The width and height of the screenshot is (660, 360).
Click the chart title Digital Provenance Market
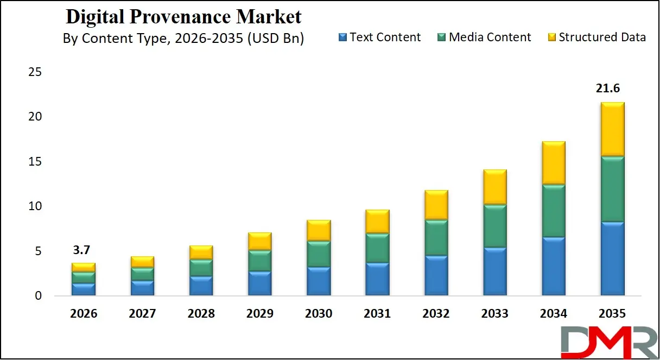(183, 17)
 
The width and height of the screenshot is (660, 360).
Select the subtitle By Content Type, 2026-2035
(183, 39)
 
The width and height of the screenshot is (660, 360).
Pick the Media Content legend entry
(484, 37)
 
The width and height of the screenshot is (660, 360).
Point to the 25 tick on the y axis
(35, 72)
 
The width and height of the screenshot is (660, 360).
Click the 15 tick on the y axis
(35, 162)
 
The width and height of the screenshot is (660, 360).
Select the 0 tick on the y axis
(38, 296)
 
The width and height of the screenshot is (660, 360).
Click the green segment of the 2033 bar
(494, 226)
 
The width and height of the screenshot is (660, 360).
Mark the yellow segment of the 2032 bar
(436, 205)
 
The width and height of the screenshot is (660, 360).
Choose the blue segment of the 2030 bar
(319, 281)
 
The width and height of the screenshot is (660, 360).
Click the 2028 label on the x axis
(201, 314)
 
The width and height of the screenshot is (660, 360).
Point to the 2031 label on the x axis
(377, 314)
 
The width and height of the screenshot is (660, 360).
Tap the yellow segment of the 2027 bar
(142, 262)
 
